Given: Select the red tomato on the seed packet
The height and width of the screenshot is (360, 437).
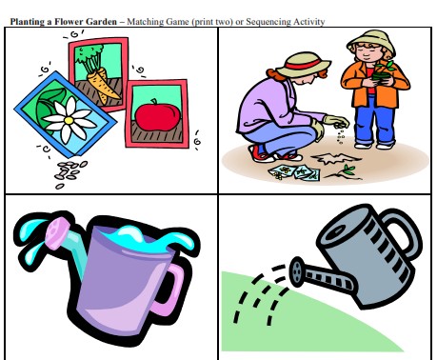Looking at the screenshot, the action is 158,114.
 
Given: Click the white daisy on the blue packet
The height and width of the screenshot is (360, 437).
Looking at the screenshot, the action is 70,120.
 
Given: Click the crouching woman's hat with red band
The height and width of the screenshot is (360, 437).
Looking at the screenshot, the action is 303,66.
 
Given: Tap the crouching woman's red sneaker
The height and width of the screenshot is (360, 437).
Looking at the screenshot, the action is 260,153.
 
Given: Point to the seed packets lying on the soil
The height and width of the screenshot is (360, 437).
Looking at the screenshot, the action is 294,172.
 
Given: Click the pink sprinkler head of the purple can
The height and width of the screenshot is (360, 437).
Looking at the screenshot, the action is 57,232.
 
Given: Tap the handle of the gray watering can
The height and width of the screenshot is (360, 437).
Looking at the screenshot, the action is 402,231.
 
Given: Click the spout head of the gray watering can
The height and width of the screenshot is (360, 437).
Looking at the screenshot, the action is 297,271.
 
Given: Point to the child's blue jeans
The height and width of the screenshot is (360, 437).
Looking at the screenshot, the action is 375,121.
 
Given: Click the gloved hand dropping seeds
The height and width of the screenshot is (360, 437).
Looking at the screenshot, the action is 336,121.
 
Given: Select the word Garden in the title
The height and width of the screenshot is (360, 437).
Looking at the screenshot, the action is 101,22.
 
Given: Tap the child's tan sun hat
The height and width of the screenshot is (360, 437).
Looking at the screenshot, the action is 371,42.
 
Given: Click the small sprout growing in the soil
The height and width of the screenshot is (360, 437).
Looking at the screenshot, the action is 346,171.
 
